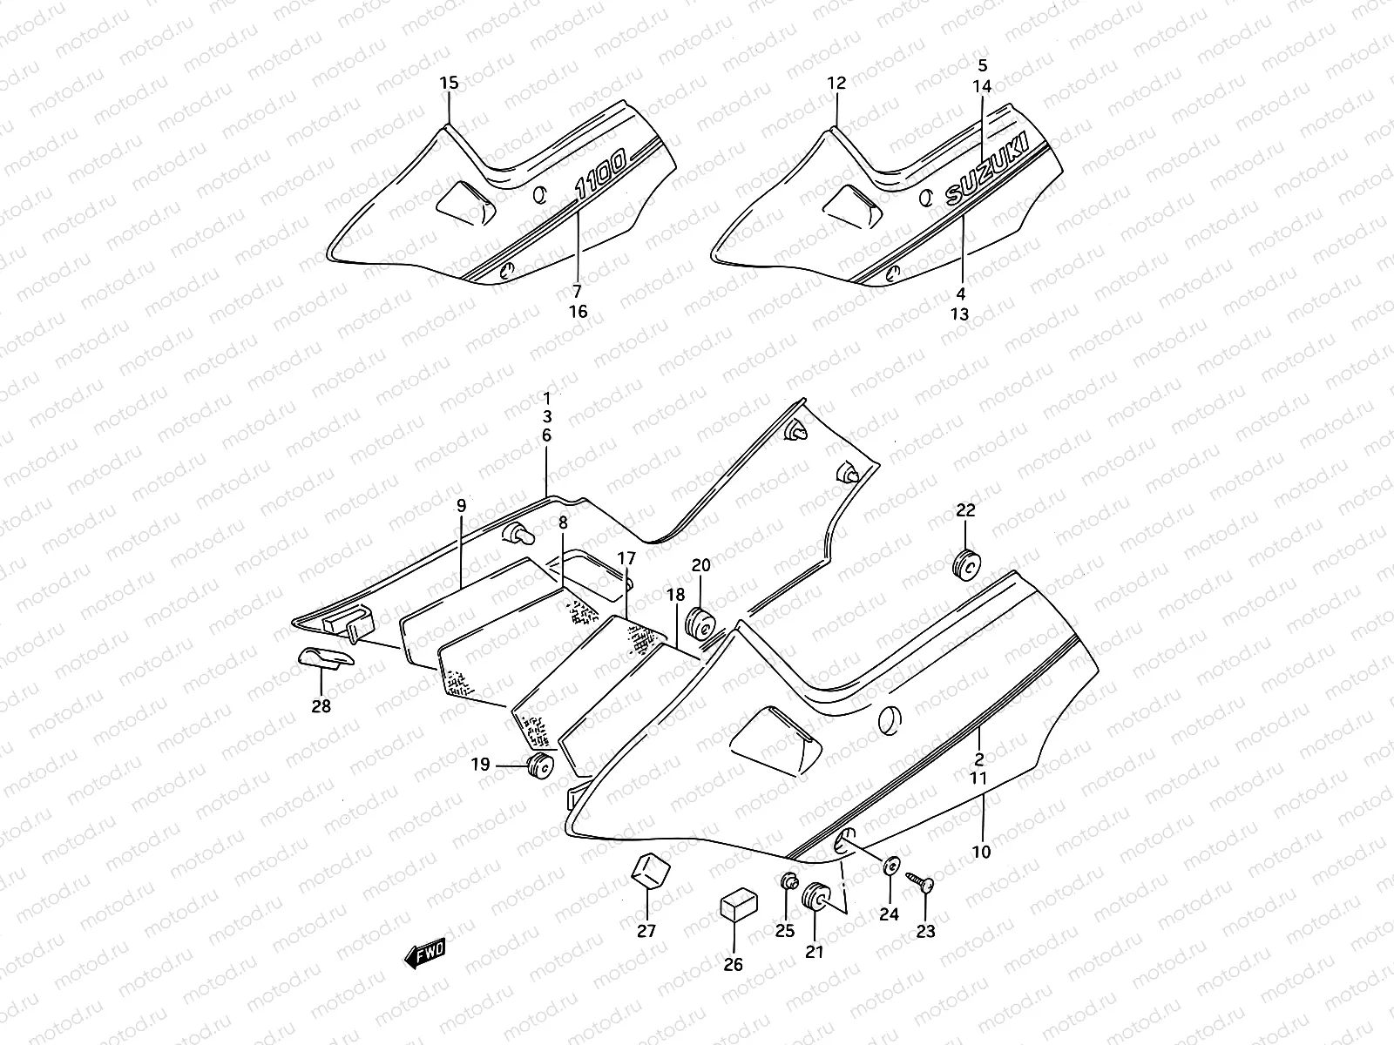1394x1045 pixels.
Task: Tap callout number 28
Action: pos(321,706)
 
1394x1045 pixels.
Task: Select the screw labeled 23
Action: pos(921,883)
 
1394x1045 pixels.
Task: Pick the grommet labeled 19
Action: pos(541,766)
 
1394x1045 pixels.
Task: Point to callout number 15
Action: pos(448,84)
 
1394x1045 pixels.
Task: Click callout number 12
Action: pos(836,84)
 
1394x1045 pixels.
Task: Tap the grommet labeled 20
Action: pos(702,624)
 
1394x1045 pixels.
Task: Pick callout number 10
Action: pos(981,852)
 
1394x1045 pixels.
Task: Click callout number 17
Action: pos(626,557)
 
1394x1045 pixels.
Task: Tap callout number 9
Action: pos(461,506)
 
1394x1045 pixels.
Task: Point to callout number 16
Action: pos(578,312)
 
